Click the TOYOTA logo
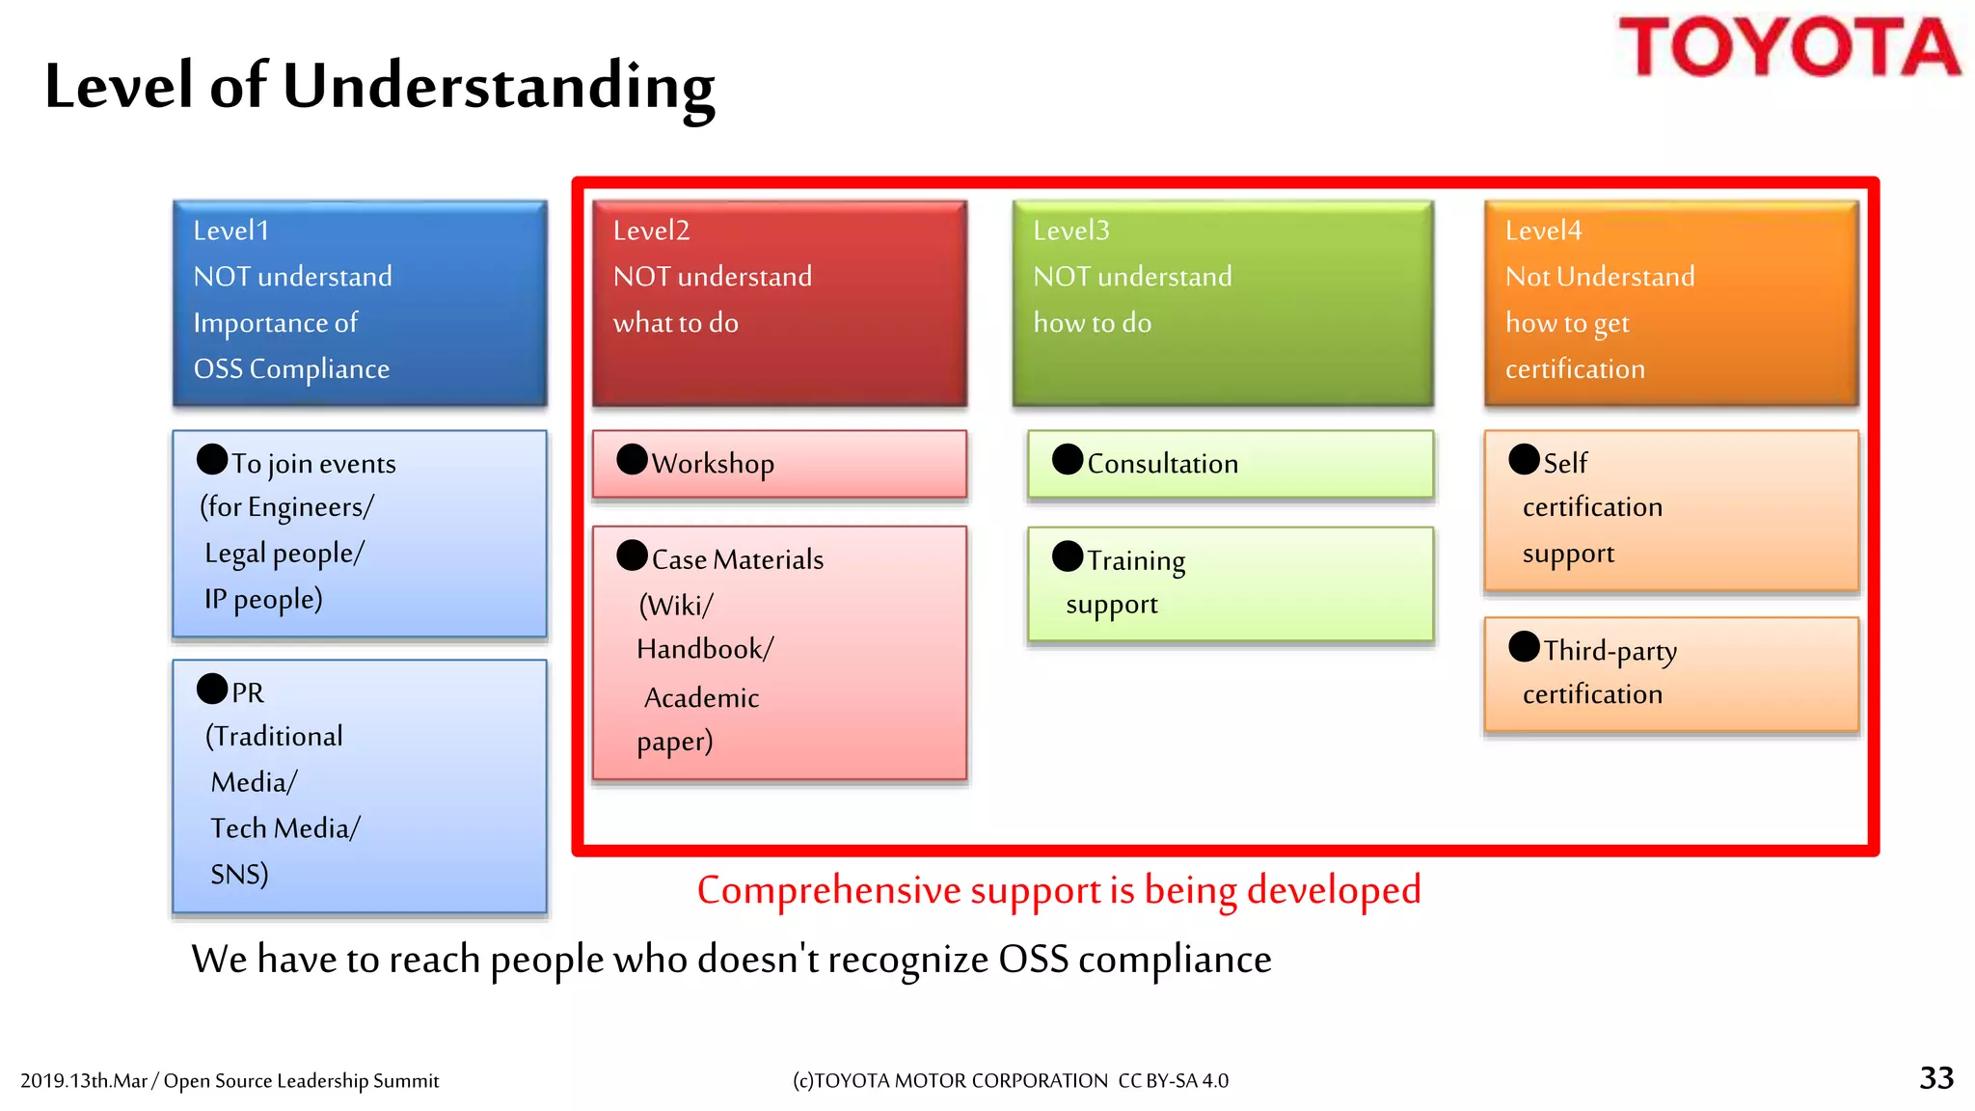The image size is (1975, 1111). (x=1788, y=47)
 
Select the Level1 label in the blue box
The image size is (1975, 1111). (x=231, y=230)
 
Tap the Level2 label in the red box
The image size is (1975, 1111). (x=652, y=230)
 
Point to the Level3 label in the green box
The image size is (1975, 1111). (x=1071, y=230)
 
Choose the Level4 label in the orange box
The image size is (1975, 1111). (x=1543, y=230)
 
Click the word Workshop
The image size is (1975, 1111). (x=713, y=464)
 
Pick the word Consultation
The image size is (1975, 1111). (x=1162, y=464)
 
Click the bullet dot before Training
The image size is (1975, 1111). (x=1068, y=556)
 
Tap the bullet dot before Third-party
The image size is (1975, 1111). (x=1524, y=646)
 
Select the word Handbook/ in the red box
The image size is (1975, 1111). (x=705, y=649)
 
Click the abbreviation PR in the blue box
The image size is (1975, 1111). (x=248, y=692)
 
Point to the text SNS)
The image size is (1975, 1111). (x=239, y=874)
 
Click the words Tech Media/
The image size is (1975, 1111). (x=285, y=828)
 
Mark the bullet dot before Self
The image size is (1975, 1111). (x=1524, y=459)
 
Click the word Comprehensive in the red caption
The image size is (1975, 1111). (x=830, y=890)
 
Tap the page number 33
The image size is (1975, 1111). (x=1936, y=1077)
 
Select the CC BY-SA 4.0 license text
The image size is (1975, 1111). (x=1173, y=1081)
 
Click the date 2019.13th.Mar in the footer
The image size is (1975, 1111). (x=84, y=1081)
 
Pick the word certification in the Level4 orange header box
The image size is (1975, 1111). (x=1575, y=369)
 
